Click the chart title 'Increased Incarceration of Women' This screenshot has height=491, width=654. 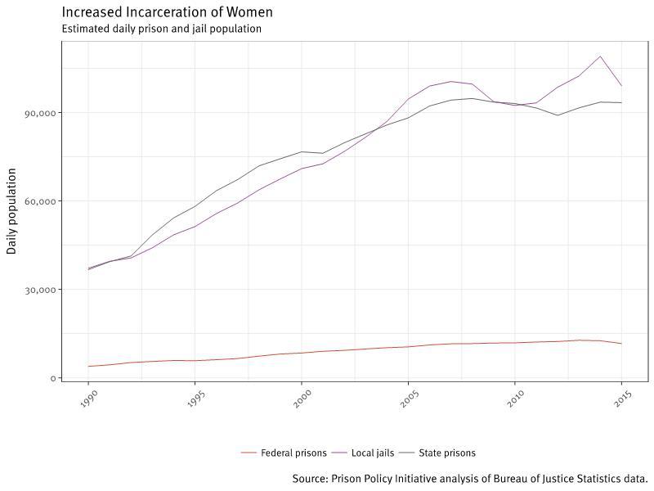coord(167,12)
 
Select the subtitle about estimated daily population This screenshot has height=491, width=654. coord(161,29)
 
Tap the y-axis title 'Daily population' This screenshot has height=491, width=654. coord(11,211)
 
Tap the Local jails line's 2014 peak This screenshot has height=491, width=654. coord(600,56)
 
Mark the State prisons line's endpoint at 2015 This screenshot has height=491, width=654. coord(621,102)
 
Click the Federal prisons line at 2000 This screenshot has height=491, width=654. coord(302,353)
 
